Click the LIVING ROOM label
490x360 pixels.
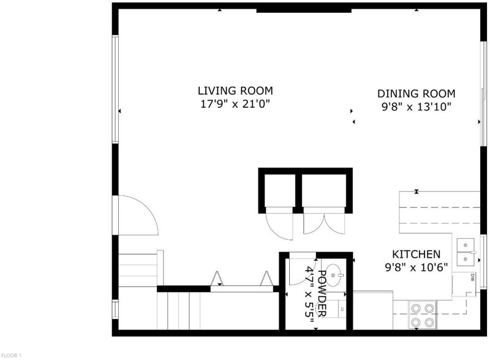pyautogui.click(x=235, y=91)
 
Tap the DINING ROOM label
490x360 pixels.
pyautogui.click(x=417, y=94)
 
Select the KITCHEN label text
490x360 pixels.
pyautogui.click(x=417, y=254)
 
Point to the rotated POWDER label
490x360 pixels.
pyautogui.click(x=322, y=293)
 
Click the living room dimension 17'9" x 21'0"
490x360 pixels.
pyautogui.click(x=235, y=103)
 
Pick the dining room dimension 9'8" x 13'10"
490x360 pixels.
pyautogui.click(x=417, y=107)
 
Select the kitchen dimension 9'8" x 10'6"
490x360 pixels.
pyautogui.click(x=417, y=268)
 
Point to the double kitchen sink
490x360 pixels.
pyautogui.click(x=466, y=252)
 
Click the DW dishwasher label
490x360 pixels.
pyautogui.click(x=472, y=277)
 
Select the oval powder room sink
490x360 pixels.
pyautogui.click(x=334, y=276)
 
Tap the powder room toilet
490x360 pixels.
pyautogui.click(x=338, y=309)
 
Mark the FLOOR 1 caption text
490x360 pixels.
pyautogui.click(x=11, y=355)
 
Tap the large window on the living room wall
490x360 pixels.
pyautogui.click(x=115, y=89)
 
